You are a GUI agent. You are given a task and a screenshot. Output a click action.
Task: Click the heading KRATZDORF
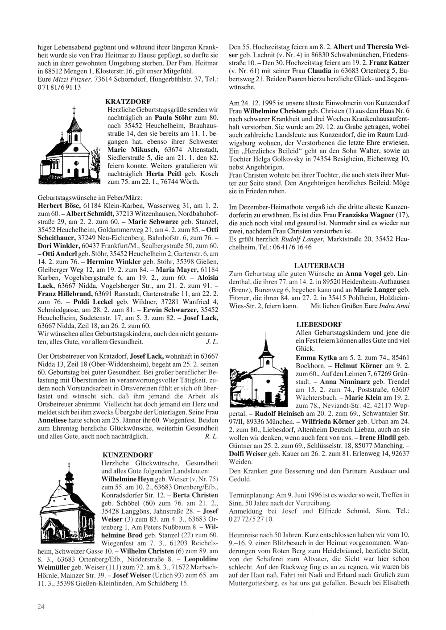(129, 102)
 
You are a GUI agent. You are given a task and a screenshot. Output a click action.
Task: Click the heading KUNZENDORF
(128, 455)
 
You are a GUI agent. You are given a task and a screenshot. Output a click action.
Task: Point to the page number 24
(41, 605)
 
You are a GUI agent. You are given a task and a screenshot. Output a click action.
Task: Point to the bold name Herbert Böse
(59, 205)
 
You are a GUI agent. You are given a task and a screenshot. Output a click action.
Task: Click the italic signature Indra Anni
(394, 307)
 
